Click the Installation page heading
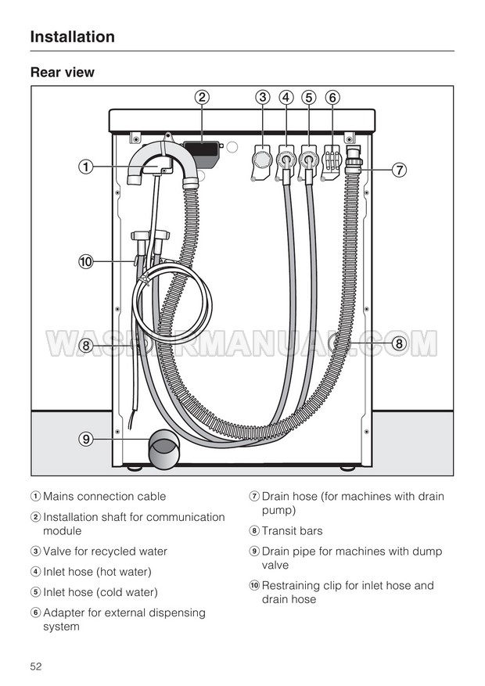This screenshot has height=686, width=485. (x=72, y=37)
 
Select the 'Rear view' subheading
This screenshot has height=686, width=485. (x=62, y=73)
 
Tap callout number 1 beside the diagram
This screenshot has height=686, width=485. (x=85, y=167)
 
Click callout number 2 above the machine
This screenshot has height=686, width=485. (x=202, y=98)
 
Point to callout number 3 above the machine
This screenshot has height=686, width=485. (x=263, y=98)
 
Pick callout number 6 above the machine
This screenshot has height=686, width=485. (x=332, y=98)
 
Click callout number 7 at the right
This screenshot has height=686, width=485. (x=399, y=169)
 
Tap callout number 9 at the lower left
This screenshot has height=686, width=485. (x=85, y=439)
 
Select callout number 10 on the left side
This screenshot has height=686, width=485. (x=85, y=261)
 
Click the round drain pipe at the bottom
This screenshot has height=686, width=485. (x=164, y=453)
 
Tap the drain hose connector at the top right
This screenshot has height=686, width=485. (x=353, y=161)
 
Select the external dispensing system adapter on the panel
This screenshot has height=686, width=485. (x=332, y=162)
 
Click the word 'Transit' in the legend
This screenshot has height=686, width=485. (x=279, y=531)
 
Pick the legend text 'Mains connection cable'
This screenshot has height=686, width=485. (x=104, y=496)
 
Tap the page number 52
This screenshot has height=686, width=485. (x=36, y=666)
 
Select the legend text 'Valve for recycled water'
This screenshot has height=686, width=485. (x=105, y=551)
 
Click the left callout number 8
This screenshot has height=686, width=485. (x=85, y=344)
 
